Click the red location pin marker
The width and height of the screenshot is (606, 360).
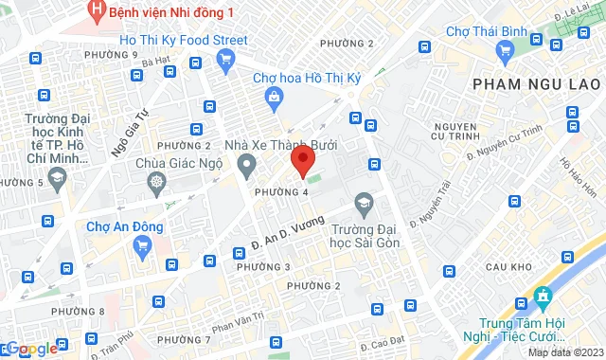(303, 161)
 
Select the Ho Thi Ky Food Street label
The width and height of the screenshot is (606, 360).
(184, 40)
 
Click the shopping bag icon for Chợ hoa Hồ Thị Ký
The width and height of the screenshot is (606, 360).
(274, 96)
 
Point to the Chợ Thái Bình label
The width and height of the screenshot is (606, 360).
(486, 33)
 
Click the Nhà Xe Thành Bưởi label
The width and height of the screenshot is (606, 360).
(280, 146)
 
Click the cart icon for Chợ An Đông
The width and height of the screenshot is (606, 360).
(142, 247)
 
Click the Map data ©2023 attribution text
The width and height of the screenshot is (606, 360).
(565, 352)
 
